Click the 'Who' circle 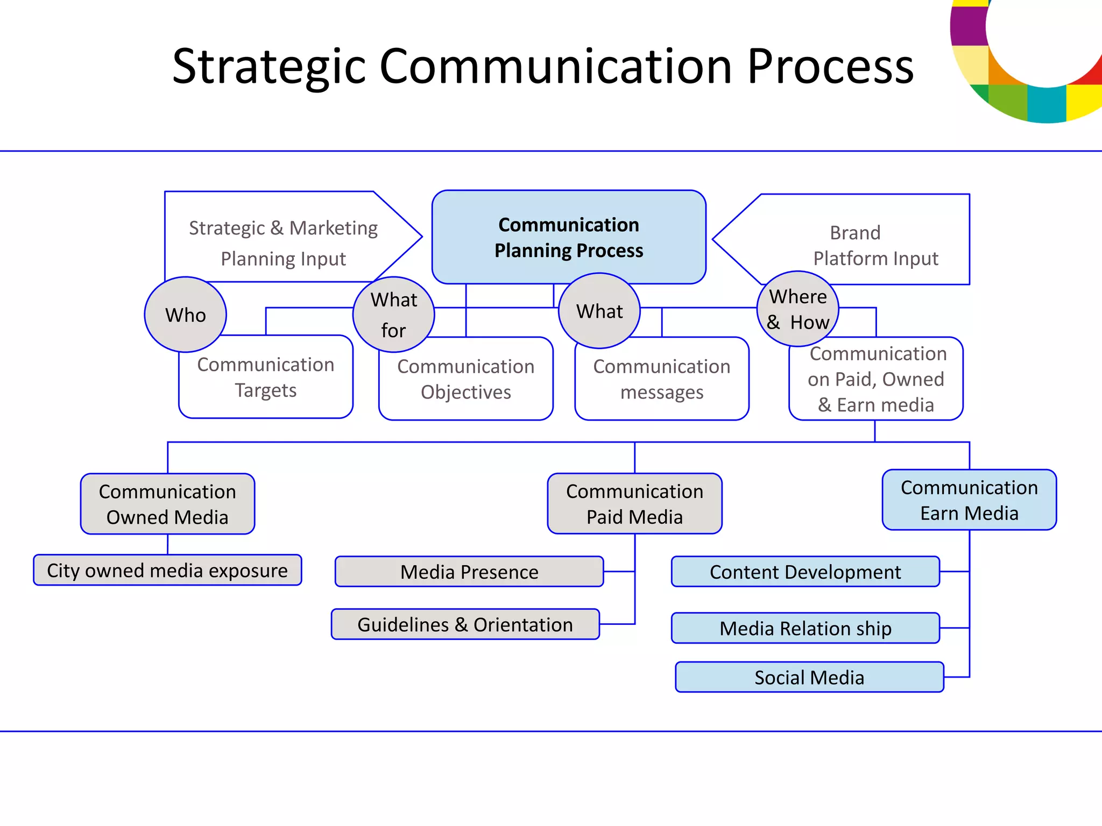[x=185, y=315]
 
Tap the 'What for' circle [x=393, y=315]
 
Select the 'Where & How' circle [x=797, y=309]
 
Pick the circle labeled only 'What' [x=599, y=311]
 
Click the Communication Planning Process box [x=569, y=237]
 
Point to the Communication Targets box [x=266, y=378]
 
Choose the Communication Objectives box [x=465, y=380]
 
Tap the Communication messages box [x=662, y=380]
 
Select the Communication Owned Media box [x=167, y=504]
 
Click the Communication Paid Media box [x=634, y=504]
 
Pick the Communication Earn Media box [x=969, y=500]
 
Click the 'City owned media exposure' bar [x=167, y=570]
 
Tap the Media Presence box [x=469, y=572]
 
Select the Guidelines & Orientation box [x=465, y=624]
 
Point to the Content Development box [x=805, y=572]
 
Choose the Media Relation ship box [x=805, y=628]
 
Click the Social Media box [x=809, y=677]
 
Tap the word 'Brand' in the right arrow [x=855, y=233]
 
